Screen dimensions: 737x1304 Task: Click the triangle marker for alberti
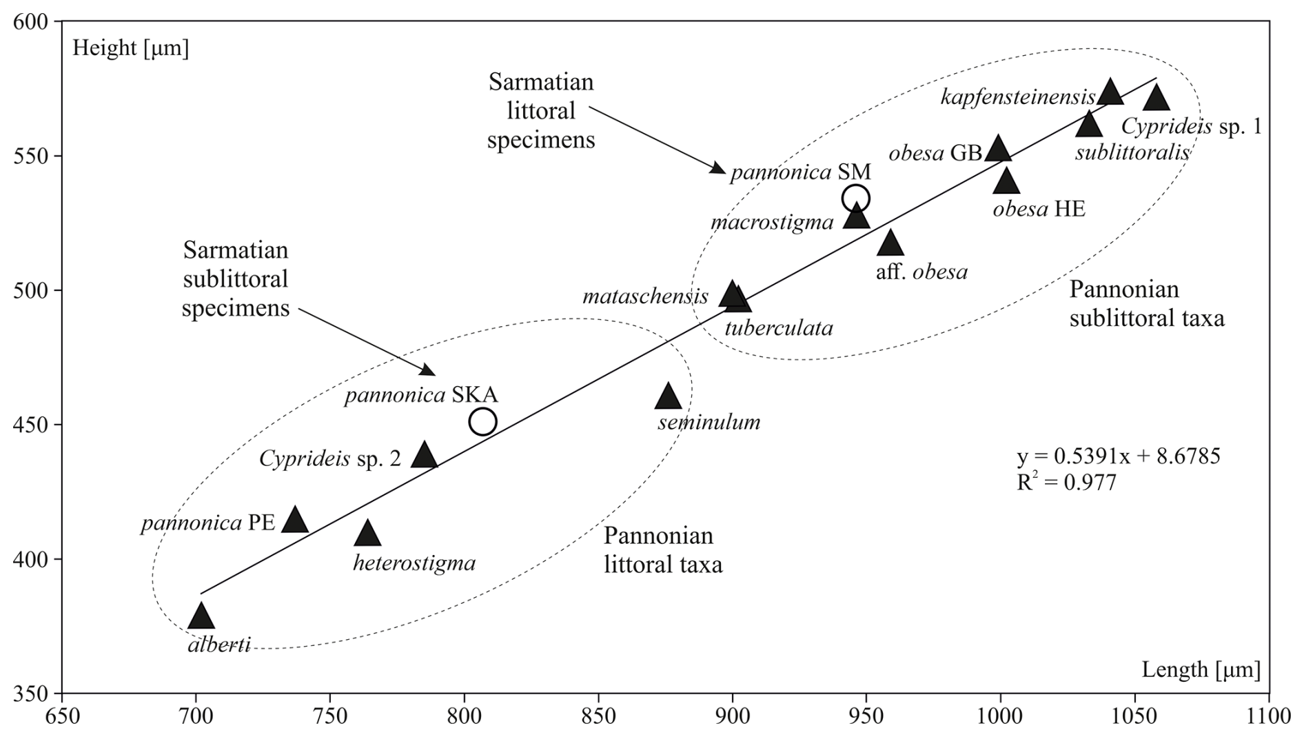[x=201, y=616]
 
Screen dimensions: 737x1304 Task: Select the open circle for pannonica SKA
[x=483, y=421]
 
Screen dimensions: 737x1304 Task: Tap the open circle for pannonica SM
[x=856, y=199]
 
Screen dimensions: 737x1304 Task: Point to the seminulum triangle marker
[x=668, y=396]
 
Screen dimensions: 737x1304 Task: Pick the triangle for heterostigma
[x=367, y=534]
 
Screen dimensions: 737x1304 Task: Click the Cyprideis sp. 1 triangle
[x=1157, y=98]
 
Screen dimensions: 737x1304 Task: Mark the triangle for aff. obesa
[x=890, y=243]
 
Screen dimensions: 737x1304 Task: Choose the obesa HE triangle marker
[x=1006, y=181]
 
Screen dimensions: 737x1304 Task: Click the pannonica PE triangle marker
[x=295, y=520]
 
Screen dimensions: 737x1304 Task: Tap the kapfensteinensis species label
[x=1017, y=97]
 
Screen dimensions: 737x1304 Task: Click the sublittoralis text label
[x=1132, y=152]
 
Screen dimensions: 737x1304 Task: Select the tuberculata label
[x=779, y=327]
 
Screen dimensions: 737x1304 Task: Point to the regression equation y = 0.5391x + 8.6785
[x=1118, y=456]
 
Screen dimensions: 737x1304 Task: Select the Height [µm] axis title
[x=130, y=48]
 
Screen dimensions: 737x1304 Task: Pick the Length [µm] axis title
[x=1201, y=669]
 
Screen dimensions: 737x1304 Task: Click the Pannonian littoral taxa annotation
[x=663, y=550]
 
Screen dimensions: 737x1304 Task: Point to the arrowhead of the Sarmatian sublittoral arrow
[x=429, y=372]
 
